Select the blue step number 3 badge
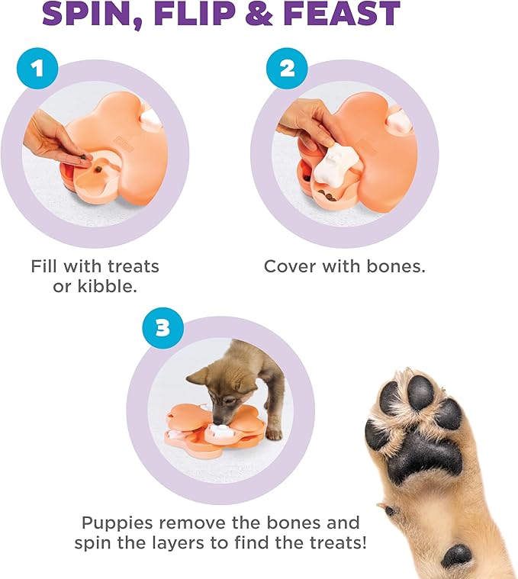pos(162,330)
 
